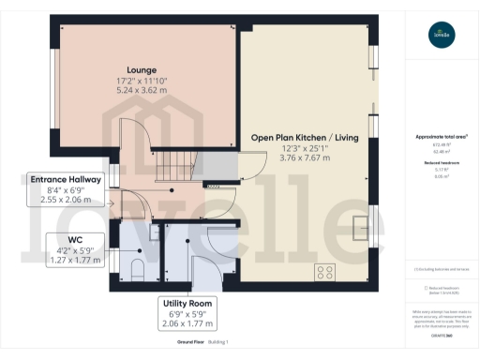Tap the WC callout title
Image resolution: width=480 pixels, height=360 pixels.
[x=62, y=240]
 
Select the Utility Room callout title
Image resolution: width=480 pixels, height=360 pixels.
[x=187, y=303]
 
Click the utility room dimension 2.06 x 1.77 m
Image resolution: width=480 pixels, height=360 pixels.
[x=187, y=323]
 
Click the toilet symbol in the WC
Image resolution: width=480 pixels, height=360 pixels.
[x=137, y=272]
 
